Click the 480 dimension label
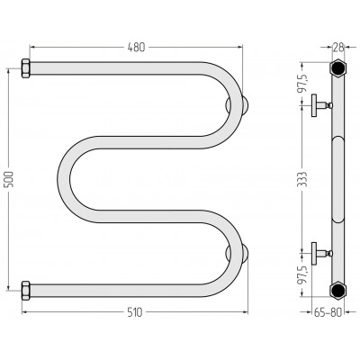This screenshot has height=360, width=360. pos(136,47)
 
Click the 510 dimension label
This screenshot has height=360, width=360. pos(135,312)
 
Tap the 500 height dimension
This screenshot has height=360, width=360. pos(9,179)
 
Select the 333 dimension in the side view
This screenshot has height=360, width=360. pos(303,179)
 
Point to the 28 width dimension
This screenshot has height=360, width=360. pos(337,47)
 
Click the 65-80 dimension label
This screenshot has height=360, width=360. pos(328,312)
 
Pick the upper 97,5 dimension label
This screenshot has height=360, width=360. pos(303,82)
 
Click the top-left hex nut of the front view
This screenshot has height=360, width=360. pos(25,68)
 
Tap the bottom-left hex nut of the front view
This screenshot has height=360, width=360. pos(25,291)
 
